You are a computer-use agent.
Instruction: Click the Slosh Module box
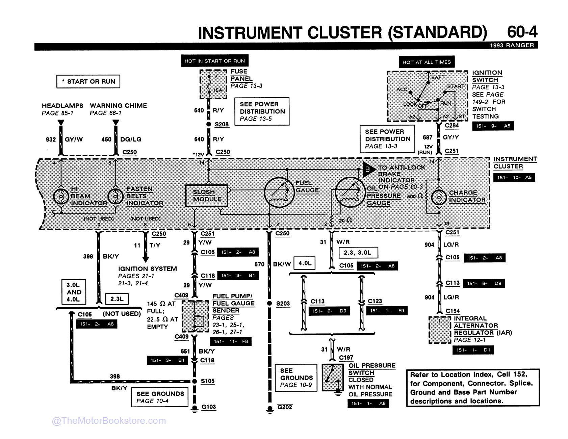(207, 196)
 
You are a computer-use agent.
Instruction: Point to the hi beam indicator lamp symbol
(61, 196)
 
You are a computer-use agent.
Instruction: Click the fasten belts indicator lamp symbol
(116, 196)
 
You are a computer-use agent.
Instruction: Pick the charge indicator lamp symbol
(439, 197)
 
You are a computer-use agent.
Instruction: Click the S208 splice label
(222, 124)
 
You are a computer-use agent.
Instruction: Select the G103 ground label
(208, 407)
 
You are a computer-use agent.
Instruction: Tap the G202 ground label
(284, 407)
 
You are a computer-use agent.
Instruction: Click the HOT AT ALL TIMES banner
(427, 62)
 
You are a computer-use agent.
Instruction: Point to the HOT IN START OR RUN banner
(215, 61)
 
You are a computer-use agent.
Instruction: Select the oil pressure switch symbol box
(333, 377)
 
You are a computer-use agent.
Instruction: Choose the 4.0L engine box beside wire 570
(305, 263)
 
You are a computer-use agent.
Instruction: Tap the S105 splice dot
(195, 381)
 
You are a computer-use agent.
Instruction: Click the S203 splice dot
(269, 303)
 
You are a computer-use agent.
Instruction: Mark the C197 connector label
(346, 358)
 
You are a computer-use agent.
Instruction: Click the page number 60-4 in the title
(522, 32)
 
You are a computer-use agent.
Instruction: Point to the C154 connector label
(453, 311)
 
